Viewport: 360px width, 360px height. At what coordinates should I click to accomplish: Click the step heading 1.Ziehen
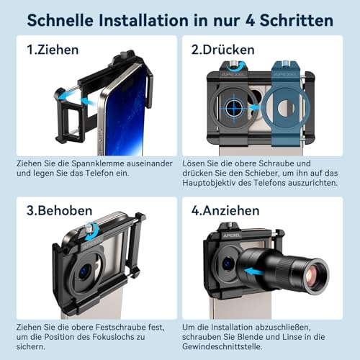53,50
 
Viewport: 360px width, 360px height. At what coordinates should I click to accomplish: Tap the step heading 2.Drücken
222,50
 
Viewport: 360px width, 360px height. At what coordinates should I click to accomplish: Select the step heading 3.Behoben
59,210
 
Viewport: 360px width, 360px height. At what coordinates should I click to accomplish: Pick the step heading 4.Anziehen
225,210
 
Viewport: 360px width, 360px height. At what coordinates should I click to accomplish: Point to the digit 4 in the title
250,20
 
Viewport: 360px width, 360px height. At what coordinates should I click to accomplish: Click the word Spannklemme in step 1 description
98,163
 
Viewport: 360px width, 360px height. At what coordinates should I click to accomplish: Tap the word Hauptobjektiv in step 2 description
209,183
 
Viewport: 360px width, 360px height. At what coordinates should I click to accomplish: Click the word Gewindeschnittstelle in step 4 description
222,346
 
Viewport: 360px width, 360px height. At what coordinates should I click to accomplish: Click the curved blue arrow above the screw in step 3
92,232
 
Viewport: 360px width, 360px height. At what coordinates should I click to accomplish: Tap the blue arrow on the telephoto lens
254,272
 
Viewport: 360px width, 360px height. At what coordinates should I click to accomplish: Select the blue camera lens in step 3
84,272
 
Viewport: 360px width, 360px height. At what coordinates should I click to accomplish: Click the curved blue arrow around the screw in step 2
234,68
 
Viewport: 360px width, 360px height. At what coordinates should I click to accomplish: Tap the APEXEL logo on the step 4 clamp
232,235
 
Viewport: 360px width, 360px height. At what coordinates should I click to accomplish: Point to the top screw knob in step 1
124,54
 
